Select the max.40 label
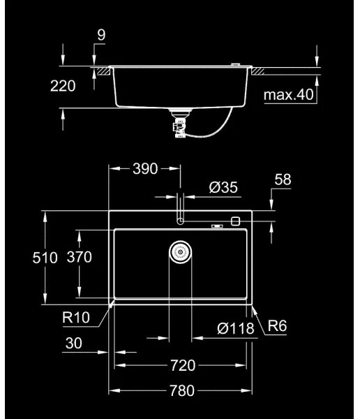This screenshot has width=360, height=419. point(289,94)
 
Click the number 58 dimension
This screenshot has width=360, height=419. point(282,179)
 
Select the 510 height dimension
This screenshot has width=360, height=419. point(45,258)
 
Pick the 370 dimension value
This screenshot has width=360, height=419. point(79,258)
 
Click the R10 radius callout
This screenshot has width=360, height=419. point(75,318)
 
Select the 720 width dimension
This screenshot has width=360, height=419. point(181,365)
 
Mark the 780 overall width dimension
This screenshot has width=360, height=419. point(181,390)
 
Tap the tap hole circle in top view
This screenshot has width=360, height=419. point(181,221)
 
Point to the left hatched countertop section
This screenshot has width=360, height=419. point(103,71)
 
